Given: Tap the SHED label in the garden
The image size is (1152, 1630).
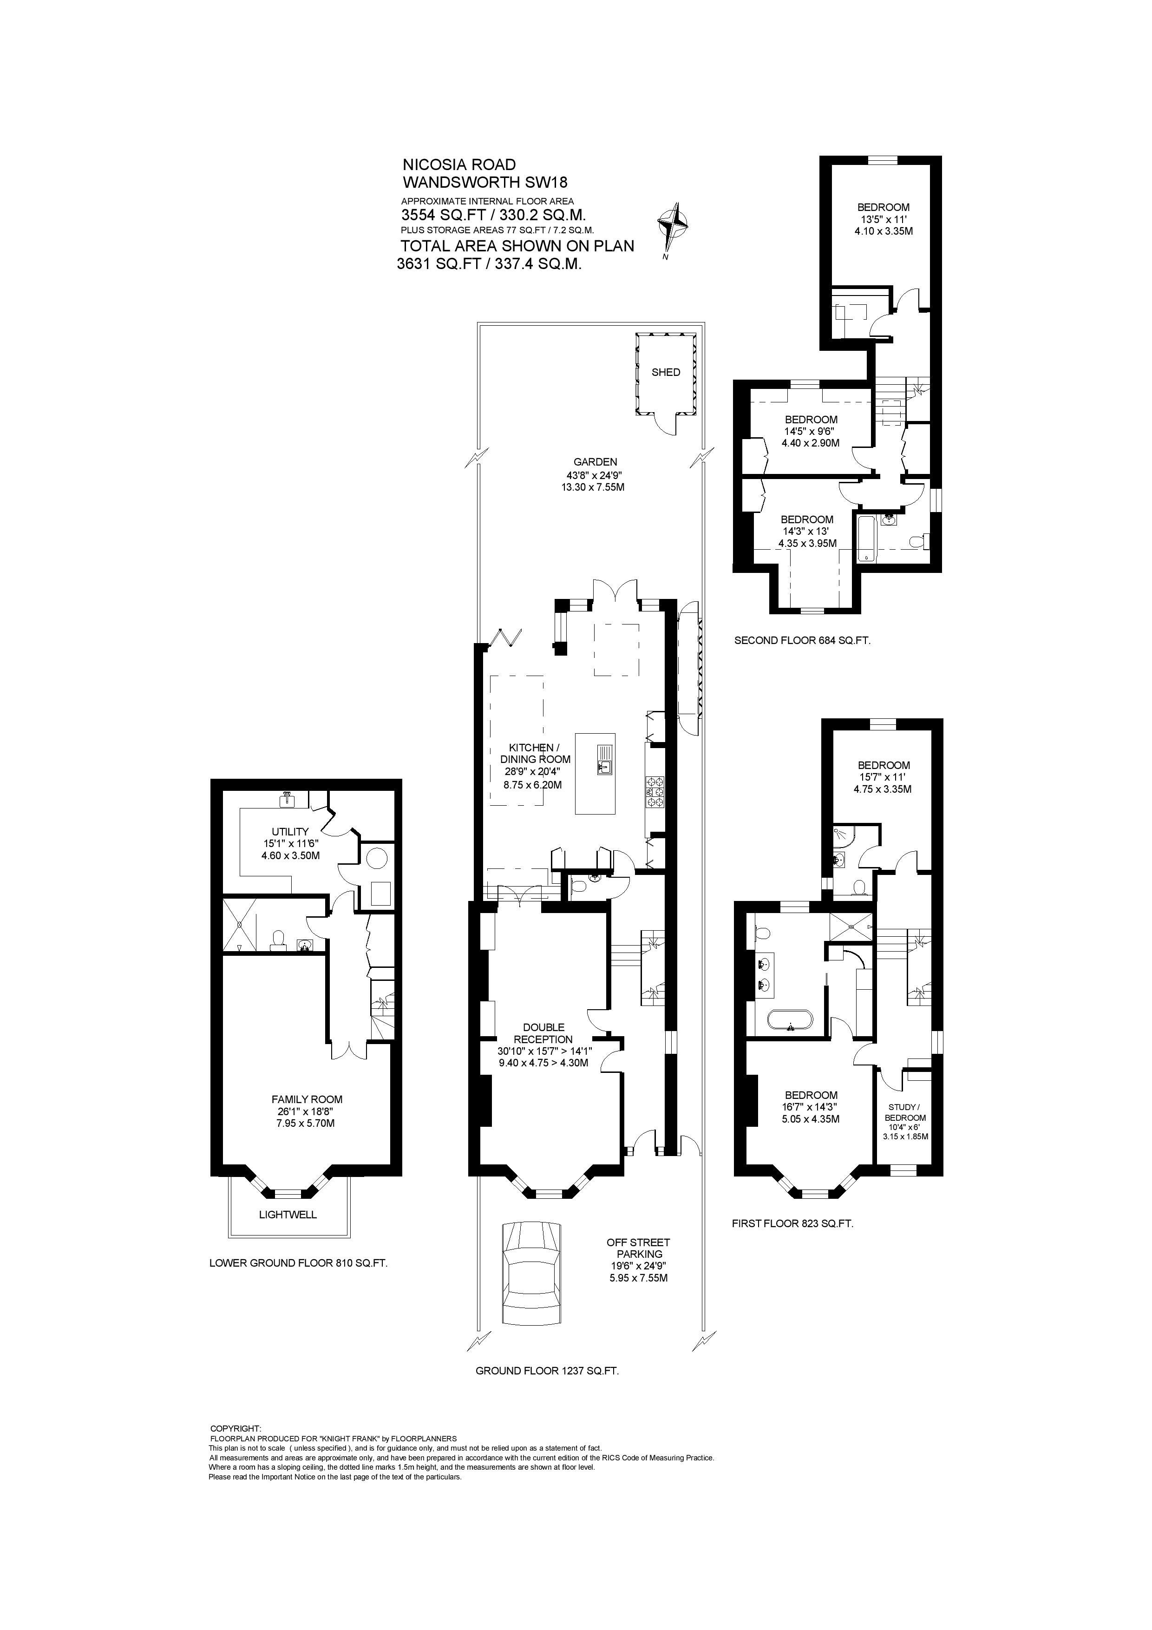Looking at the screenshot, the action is pyautogui.click(x=666, y=372).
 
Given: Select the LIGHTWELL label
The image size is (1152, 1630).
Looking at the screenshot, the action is pyautogui.click(x=288, y=1215).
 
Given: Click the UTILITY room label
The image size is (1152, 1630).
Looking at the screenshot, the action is pyautogui.click(x=290, y=831).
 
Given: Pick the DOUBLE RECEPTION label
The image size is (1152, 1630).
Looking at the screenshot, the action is pyautogui.click(x=543, y=1033).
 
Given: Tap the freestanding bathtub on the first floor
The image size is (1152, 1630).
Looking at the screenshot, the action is pyautogui.click(x=789, y=1022).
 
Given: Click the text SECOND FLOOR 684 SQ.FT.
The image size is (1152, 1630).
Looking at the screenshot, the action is pyautogui.click(x=802, y=640).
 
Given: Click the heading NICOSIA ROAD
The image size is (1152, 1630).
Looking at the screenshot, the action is pyautogui.click(x=459, y=165).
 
